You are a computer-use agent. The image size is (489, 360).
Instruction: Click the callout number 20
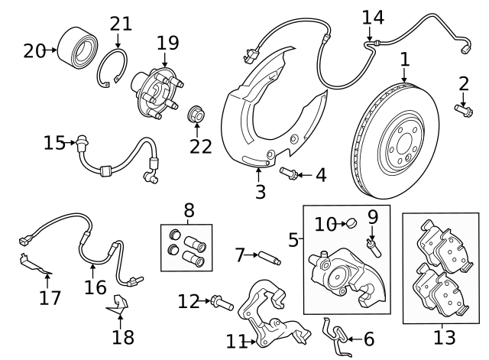pos(34,51)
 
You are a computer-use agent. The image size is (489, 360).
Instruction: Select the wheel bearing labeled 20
pos(78,44)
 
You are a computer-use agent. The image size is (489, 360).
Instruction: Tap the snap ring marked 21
pos(112,68)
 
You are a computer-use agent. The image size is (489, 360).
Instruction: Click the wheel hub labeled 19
pos(157,92)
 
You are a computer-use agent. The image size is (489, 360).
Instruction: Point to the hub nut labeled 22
pos(196,114)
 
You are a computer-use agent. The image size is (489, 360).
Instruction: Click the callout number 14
pos(373,18)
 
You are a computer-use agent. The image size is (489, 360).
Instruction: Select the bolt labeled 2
pos(464,111)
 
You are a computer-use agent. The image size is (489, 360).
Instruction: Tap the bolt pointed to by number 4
pos(289,174)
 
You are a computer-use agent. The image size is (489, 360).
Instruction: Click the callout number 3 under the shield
pos(261,192)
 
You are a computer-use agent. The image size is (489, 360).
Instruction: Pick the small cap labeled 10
pos(352,223)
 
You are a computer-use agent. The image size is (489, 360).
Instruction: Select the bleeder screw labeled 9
pos(374,247)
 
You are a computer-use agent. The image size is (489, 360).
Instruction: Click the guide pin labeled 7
pos(270,258)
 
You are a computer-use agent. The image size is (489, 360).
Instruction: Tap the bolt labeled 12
pos(222,303)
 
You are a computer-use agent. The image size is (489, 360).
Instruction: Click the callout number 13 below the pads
pos(445,336)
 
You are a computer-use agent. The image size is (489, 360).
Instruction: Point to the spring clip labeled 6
pos(337,338)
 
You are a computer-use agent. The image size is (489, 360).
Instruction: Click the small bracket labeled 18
pos(118,305)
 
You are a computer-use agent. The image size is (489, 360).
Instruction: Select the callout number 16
pos(96,287)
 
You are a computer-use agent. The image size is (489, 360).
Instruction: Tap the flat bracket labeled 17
pos(34,264)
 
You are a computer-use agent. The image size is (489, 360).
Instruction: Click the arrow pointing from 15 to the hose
pos(69,143)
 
